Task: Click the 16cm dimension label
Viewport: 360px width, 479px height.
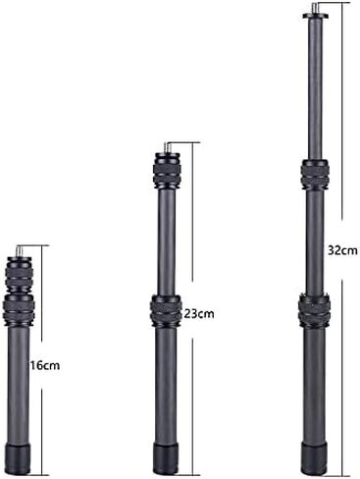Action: click(x=45, y=365)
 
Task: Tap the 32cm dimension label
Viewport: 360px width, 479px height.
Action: click(x=341, y=250)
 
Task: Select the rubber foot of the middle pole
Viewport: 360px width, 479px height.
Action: click(x=166, y=457)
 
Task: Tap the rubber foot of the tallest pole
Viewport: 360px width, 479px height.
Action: click(x=315, y=457)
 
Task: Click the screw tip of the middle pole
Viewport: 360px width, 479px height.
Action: click(x=166, y=146)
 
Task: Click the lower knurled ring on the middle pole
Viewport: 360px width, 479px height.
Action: click(x=166, y=311)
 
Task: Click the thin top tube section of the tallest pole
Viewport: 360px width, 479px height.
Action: click(x=315, y=88)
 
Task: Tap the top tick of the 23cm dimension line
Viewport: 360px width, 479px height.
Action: click(x=190, y=142)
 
